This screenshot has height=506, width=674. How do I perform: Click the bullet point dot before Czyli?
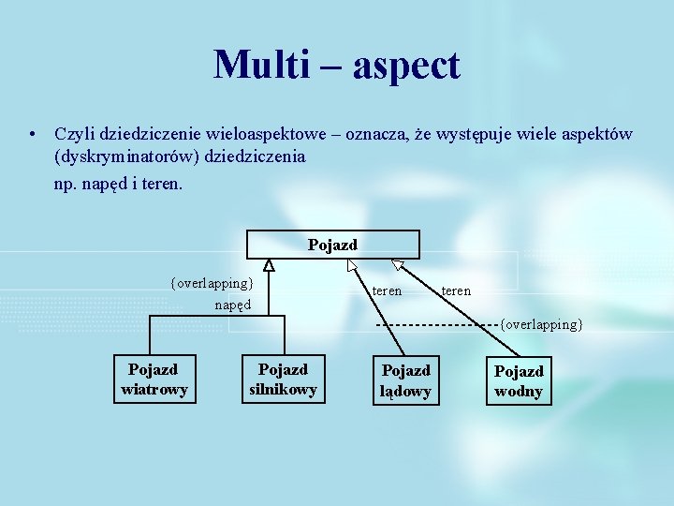coord(32,135)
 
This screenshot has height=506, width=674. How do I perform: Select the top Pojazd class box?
coord(333,245)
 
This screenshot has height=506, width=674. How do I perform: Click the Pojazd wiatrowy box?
coord(154,379)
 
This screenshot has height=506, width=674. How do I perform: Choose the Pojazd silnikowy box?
coord(283,379)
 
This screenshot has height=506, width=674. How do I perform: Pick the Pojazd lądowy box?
coord(405,380)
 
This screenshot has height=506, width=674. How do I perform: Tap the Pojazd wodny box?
coord(519,381)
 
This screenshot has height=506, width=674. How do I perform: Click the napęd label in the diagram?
coord(232,305)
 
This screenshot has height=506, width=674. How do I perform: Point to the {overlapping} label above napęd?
coord(212,282)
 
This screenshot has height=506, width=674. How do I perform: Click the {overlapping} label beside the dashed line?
coord(541,324)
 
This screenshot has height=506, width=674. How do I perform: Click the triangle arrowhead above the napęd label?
coord(269,266)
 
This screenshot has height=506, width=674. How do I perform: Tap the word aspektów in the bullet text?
coord(597,135)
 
